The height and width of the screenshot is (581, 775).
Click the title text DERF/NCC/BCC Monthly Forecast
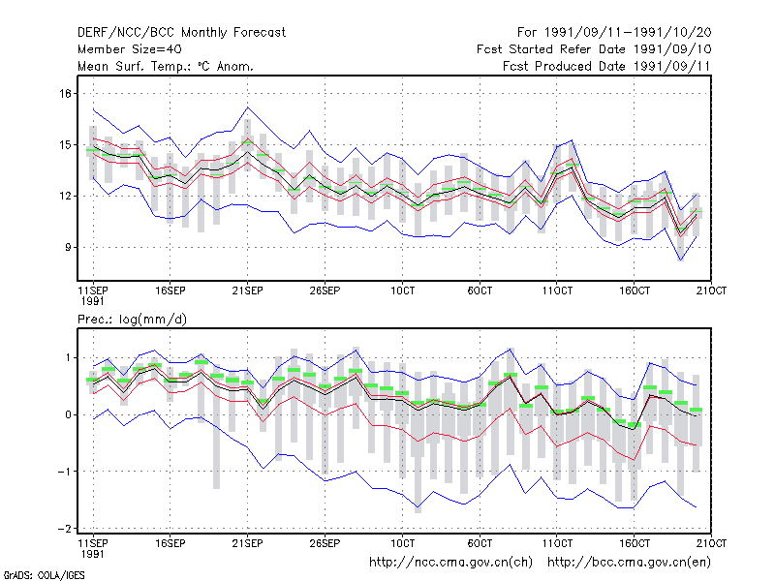(181, 33)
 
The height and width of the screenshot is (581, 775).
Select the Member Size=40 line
(130, 49)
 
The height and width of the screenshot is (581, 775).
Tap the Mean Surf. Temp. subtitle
(165, 66)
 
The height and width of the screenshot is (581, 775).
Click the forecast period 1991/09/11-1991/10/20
(614, 33)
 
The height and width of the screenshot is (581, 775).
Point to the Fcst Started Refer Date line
(594, 49)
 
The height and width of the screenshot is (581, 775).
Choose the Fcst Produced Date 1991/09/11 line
(606, 66)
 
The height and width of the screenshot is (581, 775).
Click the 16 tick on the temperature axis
(65, 93)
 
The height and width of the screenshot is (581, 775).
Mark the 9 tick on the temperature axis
(68, 247)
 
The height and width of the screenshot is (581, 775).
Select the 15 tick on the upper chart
(65, 144)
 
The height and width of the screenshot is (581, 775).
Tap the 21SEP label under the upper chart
(247, 290)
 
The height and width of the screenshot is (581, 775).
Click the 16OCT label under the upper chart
(635, 290)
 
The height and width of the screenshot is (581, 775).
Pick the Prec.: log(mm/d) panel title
(132, 320)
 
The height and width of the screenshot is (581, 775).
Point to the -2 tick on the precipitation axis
(64, 529)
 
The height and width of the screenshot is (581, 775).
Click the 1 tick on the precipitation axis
(68, 357)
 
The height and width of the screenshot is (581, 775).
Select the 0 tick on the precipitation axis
(68, 414)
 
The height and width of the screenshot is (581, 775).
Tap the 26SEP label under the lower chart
(325, 543)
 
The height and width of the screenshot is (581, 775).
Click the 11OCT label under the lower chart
(557, 543)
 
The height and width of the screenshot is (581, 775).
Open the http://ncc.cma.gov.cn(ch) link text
(450, 563)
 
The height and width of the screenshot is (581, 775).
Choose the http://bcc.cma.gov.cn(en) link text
(629, 563)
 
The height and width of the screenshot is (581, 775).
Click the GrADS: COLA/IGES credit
(44, 575)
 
